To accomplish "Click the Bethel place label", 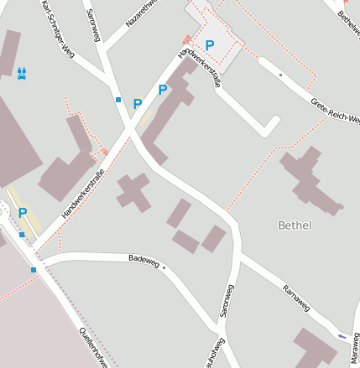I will (295, 225).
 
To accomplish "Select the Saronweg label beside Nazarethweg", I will (93, 25).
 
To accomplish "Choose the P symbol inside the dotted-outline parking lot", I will (210, 44).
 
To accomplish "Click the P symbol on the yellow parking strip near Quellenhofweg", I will (23, 213).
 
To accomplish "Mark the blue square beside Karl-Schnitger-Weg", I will (118, 100).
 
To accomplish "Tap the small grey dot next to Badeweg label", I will (164, 268).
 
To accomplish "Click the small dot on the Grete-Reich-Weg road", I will (280, 75).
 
